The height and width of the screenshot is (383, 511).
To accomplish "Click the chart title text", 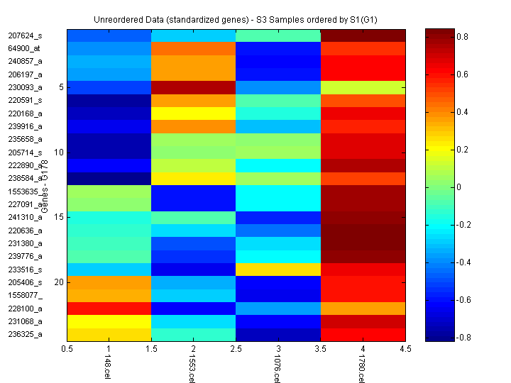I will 236,17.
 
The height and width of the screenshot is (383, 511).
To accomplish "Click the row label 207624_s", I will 25,35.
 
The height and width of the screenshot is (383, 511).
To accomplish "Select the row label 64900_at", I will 25,48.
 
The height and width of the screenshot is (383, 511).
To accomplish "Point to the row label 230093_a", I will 25,87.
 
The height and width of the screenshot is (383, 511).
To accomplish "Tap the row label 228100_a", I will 25,308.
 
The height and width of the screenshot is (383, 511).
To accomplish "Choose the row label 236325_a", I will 25,334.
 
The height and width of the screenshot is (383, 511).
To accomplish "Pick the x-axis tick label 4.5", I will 405,349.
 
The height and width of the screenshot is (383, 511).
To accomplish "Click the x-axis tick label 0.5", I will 67,349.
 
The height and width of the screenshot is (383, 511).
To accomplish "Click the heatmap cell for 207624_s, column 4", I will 363,35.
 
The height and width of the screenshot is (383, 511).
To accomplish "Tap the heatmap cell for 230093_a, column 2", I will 193,87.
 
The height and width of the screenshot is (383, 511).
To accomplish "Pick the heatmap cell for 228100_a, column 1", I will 109,308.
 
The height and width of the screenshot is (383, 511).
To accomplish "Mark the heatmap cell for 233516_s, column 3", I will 278,269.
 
